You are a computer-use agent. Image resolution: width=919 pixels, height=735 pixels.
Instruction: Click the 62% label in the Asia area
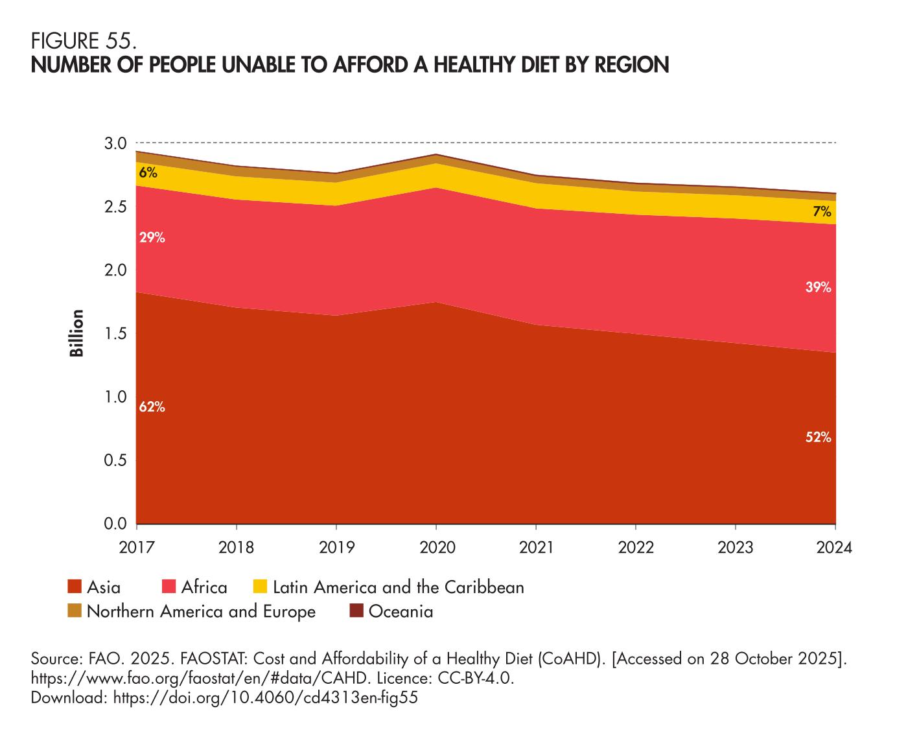click(152, 407)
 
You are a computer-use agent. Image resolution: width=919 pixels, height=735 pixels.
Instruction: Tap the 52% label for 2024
click(818, 437)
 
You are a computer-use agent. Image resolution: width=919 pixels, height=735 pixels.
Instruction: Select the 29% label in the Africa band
click(152, 238)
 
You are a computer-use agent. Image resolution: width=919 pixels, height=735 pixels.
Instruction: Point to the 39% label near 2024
click(818, 287)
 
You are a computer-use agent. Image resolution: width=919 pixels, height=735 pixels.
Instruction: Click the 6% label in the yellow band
click(148, 173)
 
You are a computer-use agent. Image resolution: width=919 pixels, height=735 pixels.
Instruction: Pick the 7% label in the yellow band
click(822, 211)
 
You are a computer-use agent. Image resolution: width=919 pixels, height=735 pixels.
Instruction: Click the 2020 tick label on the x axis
click(436, 548)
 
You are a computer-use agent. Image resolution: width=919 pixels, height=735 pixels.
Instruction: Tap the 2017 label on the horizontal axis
click(137, 548)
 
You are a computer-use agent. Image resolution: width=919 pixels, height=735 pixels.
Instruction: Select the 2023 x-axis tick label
click(736, 548)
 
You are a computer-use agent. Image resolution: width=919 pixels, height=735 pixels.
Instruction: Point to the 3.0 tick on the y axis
click(116, 143)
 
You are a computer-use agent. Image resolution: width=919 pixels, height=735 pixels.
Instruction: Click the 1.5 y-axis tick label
click(116, 334)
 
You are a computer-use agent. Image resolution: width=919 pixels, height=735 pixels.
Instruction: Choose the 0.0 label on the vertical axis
click(116, 524)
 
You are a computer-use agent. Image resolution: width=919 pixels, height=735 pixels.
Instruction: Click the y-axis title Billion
click(77, 333)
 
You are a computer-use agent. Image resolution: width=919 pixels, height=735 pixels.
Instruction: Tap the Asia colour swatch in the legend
click(75, 587)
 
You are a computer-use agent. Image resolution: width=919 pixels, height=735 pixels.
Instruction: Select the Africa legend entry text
click(204, 587)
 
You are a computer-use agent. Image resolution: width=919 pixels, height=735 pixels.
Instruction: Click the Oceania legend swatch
click(356, 611)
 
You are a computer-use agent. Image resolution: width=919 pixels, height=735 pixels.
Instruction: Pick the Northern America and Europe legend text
click(201, 611)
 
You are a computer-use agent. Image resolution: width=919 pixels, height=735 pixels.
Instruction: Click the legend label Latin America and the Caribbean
click(398, 587)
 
